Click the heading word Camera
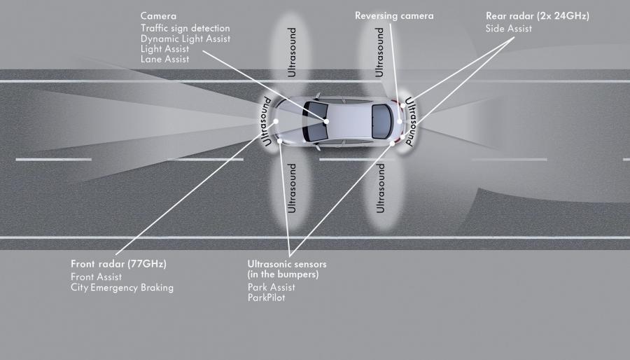(x=158, y=16)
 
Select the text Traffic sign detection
(x=185, y=28)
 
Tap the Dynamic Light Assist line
(x=185, y=39)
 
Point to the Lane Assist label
(x=164, y=59)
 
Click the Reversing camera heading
(x=394, y=16)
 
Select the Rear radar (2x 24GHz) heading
(x=538, y=16)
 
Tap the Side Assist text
(x=509, y=29)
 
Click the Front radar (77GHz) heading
(x=118, y=264)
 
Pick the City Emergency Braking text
(x=122, y=288)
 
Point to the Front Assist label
(x=96, y=277)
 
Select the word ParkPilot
(x=267, y=298)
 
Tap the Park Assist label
(x=271, y=287)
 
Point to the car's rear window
(x=381, y=121)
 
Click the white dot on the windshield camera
(x=326, y=121)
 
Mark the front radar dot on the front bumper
(x=276, y=121)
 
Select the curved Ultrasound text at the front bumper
(x=265, y=121)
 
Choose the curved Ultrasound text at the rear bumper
(x=411, y=121)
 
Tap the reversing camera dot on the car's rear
(x=400, y=121)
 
